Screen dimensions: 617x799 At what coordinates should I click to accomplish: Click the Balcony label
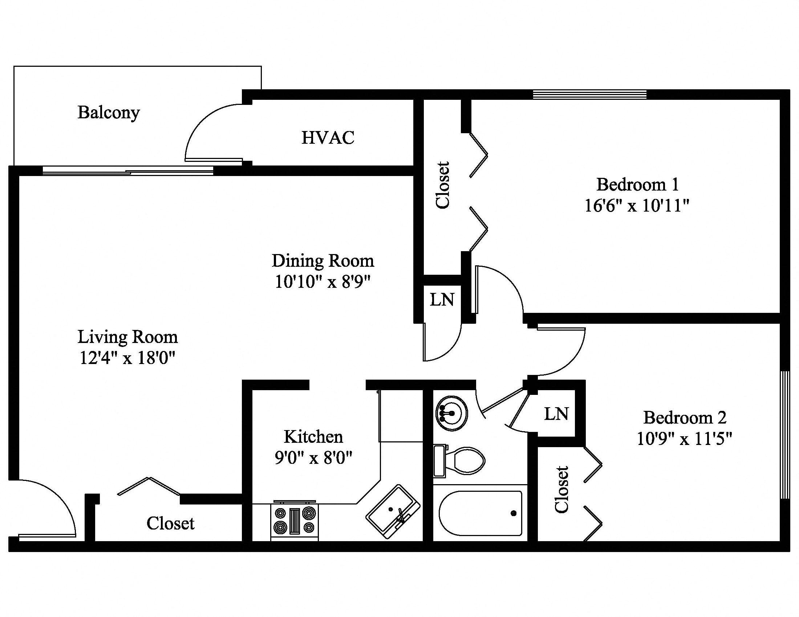click(x=109, y=113)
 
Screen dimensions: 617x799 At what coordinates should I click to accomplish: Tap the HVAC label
click(x=328, y=138)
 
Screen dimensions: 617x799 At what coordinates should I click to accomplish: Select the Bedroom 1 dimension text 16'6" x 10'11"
click(x=637, y=206)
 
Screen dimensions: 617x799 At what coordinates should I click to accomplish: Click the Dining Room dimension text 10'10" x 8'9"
click(x=323, y=282)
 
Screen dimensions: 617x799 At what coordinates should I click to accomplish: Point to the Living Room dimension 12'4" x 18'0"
click(x=128, y=358)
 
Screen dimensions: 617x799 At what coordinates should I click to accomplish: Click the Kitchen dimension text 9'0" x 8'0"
click(x=313, y=457)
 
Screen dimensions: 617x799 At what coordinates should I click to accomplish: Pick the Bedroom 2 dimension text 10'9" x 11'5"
click(x=685, y=438)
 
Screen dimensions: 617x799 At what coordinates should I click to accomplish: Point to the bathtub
click(x=480, y=513)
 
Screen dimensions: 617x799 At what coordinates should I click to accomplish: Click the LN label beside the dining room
click(x=442, y=300)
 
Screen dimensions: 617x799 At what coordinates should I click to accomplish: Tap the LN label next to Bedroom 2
click(x=556, y=414)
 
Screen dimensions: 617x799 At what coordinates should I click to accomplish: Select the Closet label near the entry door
click(x=170, y=523)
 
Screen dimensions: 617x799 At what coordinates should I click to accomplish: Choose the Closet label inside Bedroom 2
click(x=561, y=490)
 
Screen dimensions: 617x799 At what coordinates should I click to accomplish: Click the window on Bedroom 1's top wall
click(x=589, y=95)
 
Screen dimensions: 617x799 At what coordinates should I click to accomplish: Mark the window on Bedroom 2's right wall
click(x=784, y=434)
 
